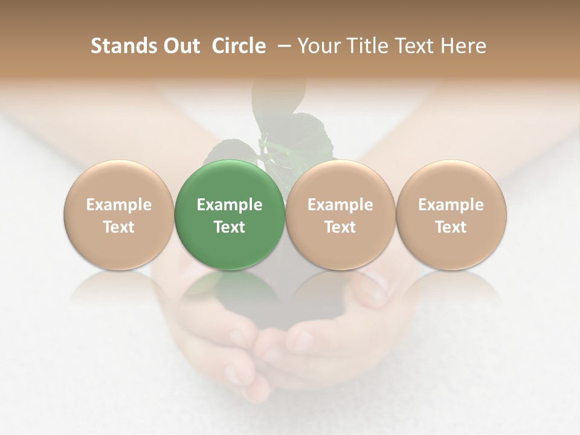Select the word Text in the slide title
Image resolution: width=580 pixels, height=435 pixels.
coord(416,46)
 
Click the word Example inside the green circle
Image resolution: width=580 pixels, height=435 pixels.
coord(230,205)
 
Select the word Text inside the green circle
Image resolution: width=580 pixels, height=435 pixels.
coord(230,227)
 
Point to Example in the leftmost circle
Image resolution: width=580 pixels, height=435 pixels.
coord(119,205)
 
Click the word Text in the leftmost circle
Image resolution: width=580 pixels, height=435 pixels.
coord(119,227)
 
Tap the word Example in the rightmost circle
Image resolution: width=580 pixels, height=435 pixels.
coord(451,205)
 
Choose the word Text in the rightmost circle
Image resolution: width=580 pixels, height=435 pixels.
coord(451,227)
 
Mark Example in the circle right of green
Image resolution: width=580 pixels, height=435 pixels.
coord(340,205)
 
